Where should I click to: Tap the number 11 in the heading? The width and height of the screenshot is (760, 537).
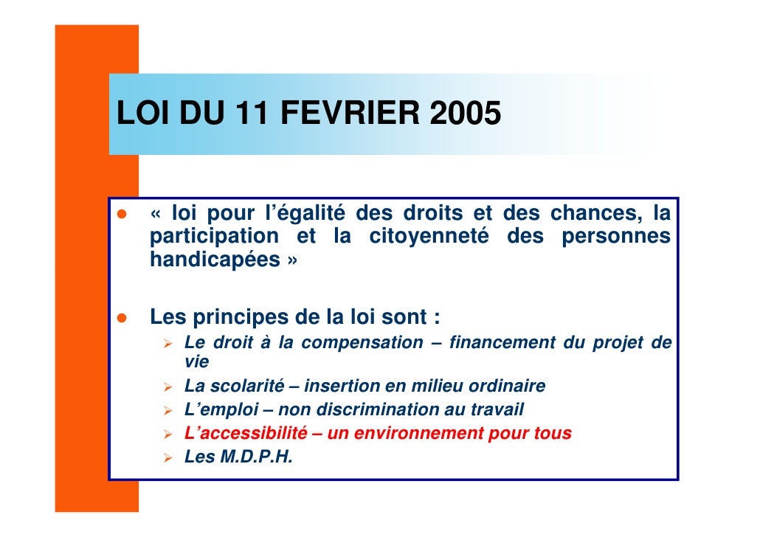click(x=255, y=115)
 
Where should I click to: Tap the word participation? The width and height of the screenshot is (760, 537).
click(x=214, y=237)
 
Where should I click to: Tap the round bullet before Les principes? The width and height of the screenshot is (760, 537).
click(x=122, y=319)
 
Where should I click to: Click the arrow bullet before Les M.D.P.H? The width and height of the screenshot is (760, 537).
click(x=168, y=457)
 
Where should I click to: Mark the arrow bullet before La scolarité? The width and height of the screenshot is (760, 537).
click(x=168, y=387)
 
